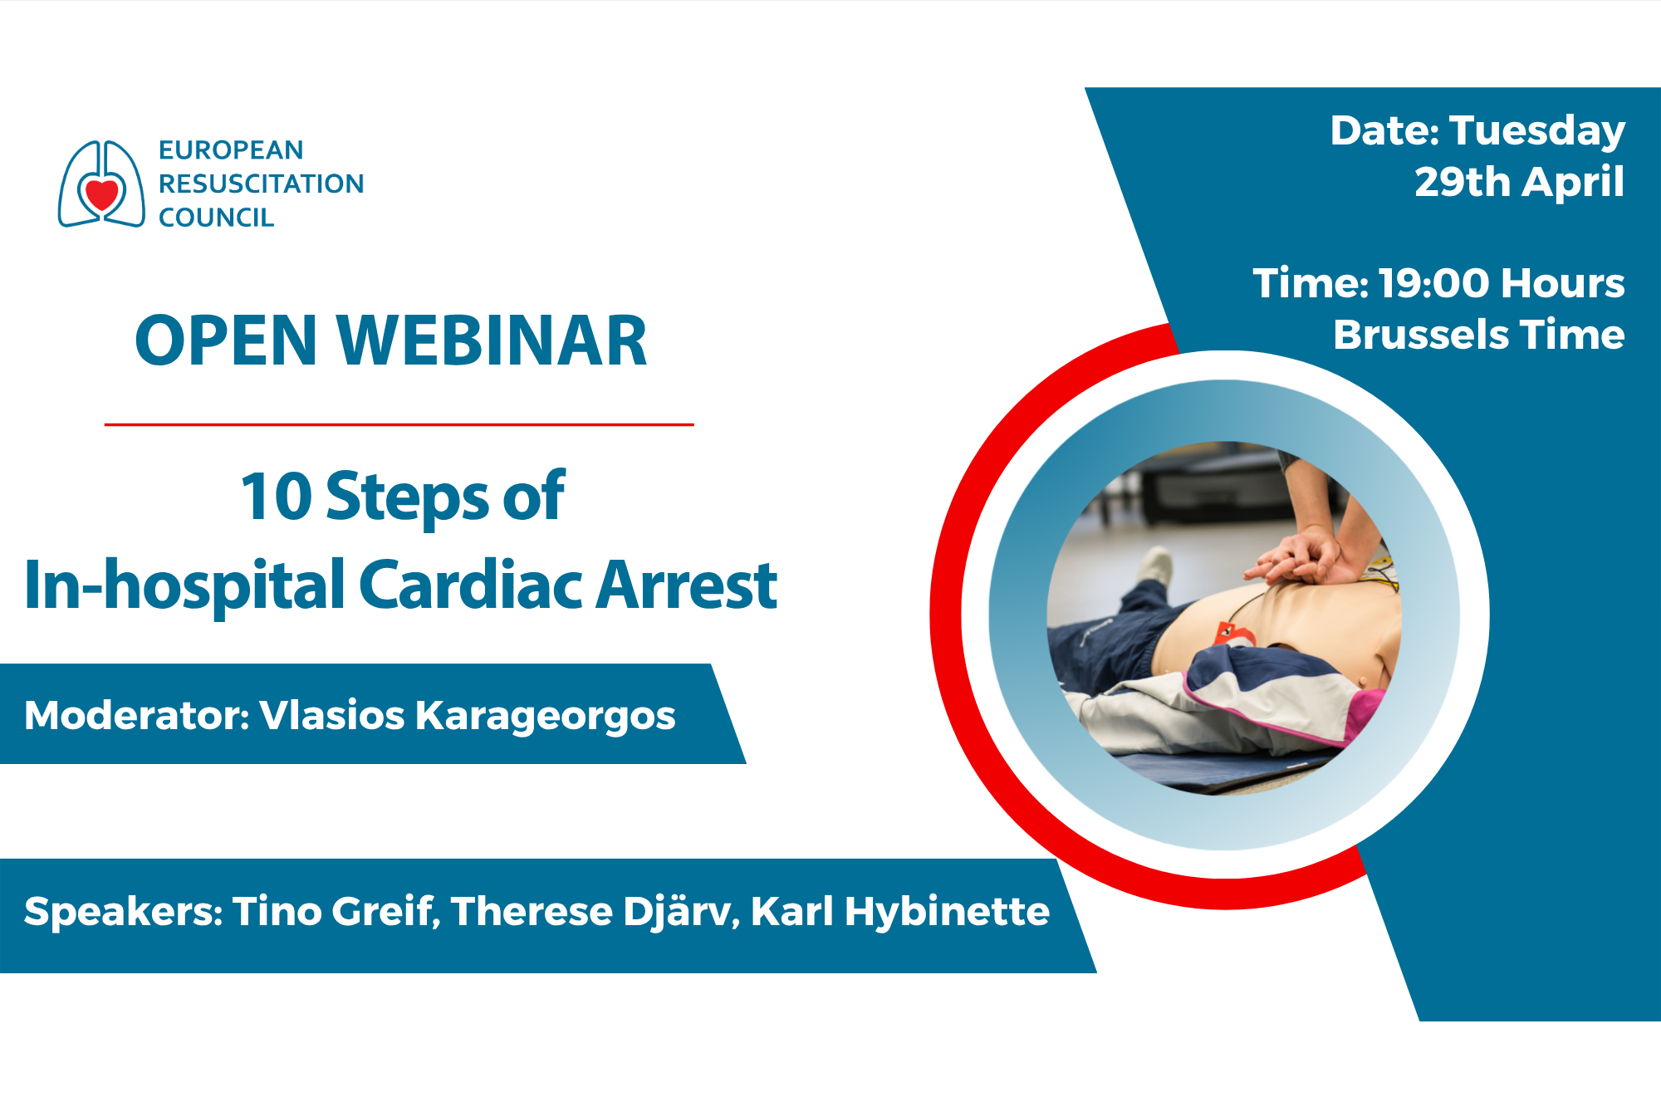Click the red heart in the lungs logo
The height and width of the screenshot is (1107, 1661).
(x=102, y=194)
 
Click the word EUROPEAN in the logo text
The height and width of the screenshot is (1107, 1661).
(x=231, y=150)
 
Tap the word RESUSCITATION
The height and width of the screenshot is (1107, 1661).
(x=261, y=184)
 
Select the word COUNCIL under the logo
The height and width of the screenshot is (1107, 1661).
(x=216, y=218)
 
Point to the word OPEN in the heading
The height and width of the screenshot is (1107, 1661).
(x=226, y=340)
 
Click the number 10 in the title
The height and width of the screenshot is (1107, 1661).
(x=276, y=497)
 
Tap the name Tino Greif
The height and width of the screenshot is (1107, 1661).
(x=334, y=911)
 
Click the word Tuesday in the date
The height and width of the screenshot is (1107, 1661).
(x=1537, y=131)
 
